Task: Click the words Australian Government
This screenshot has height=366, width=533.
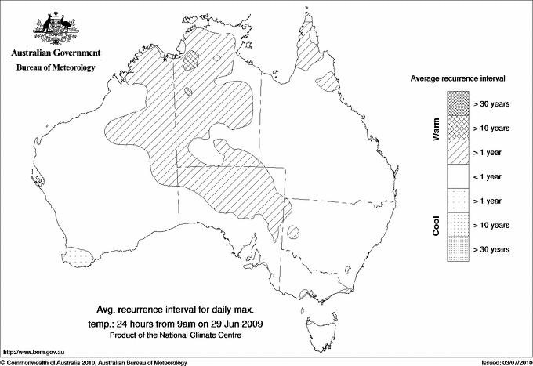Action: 55,53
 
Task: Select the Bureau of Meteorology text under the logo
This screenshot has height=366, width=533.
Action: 55,68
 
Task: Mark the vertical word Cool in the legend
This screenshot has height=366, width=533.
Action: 437,225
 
